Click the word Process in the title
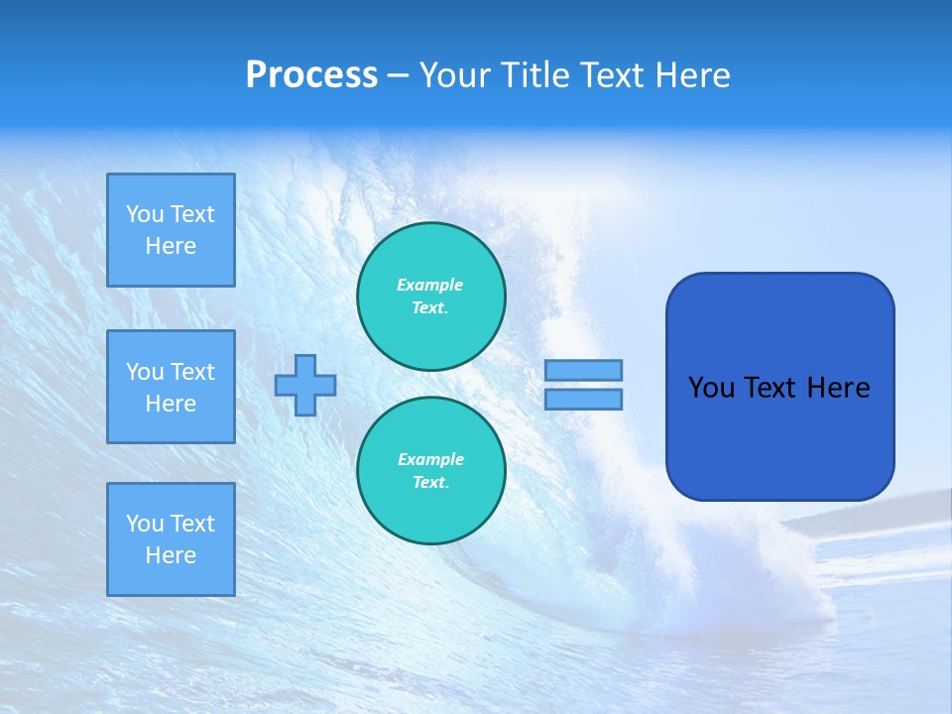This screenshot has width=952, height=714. (x=311, y=75)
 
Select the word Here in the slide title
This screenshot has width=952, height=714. (x=690, y=75)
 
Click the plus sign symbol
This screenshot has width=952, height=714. (x=305, y=385)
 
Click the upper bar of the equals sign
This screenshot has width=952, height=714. (x=584, y=370)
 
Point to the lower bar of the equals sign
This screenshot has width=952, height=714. (x=584, y=399)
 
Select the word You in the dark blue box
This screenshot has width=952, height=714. (x=710, y=388)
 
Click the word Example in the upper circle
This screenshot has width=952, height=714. (x=430, y=285)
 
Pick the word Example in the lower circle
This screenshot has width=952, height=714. (x=430, y=459)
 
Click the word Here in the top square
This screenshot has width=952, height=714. (x=171, y=246)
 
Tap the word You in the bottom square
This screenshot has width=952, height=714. (x=145, y=524)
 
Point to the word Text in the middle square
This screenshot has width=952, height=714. (x=192, y=372)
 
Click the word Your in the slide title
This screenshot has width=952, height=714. (x=453, y=75)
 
